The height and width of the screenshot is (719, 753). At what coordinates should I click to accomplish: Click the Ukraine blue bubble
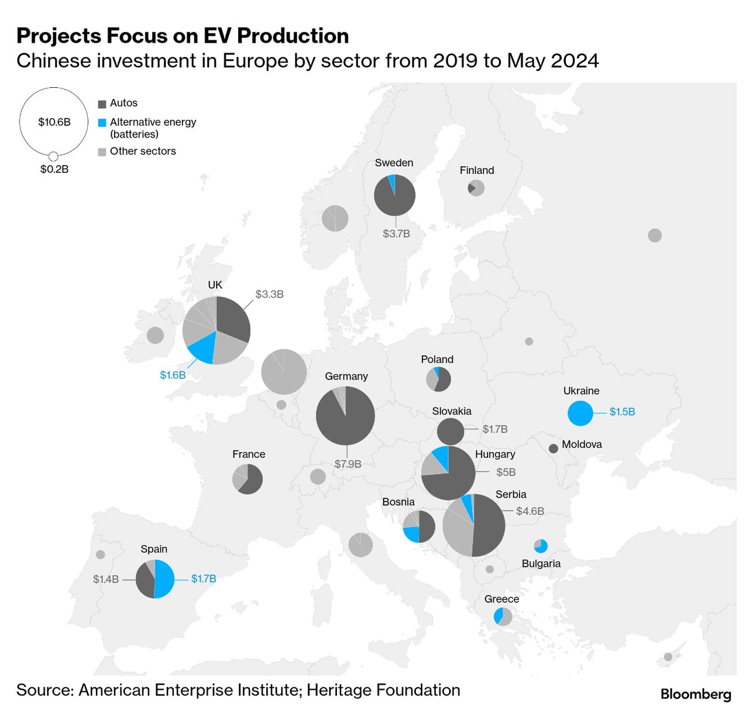[580, 413]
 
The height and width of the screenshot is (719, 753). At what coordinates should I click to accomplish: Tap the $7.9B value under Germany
[348, 464]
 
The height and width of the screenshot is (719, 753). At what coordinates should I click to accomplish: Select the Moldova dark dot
[553, 448]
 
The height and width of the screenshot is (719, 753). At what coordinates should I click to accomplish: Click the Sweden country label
[394, 163]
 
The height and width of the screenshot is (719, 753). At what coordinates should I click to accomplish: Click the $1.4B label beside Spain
[106, 579]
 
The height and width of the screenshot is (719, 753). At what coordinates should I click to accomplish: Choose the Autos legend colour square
[102, 104]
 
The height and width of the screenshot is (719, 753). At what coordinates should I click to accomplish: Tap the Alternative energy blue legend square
[102, 123]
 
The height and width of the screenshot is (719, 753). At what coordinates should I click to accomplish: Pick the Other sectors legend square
[102, 152]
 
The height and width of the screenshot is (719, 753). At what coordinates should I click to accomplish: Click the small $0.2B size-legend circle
[53, 156]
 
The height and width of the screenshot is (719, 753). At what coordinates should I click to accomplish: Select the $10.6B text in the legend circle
[54, 122]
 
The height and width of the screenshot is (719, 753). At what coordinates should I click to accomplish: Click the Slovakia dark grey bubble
[450, 432]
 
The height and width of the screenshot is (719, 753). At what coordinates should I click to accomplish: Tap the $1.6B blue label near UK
[173, 375]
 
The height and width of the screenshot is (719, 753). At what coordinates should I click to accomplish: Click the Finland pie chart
[476, 188]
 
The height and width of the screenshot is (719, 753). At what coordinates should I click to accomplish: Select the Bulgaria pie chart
[541, 546]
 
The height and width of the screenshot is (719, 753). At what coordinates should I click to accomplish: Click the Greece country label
[501, 599]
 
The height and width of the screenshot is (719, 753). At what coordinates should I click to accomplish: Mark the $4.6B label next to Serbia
[530, 511]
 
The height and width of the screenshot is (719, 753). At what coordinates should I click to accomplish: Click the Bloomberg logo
[696, 694]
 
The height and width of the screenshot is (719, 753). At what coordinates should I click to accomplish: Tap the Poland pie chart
[438, 379]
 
